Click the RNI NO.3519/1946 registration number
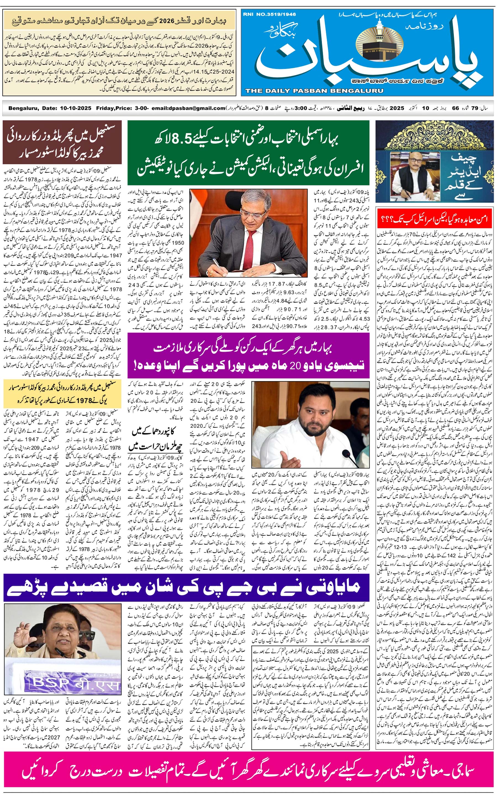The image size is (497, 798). coord(269,14)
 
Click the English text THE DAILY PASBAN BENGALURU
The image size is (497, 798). coord(314,91)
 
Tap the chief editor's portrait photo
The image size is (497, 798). coord(411,178)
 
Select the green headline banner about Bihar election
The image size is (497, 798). coord(248,153)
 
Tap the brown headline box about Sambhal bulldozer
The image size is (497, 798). coord(62,142)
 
